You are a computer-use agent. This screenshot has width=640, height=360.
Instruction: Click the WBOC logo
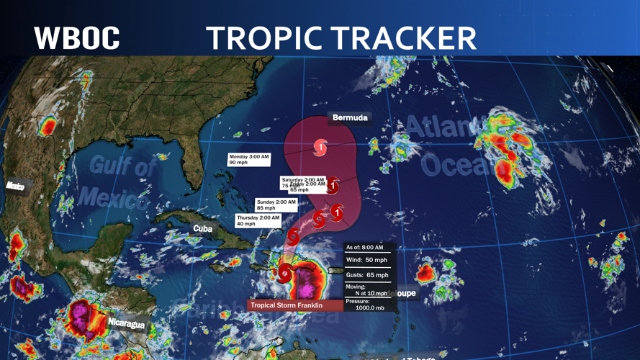(76, 37)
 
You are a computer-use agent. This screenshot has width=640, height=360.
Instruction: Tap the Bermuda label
(350, 118)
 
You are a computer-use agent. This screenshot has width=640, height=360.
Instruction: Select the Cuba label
(203, 228)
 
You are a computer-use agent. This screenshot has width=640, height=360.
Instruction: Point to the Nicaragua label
(126, 324)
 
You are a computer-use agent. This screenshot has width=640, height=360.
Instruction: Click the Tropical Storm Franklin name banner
(295, 305)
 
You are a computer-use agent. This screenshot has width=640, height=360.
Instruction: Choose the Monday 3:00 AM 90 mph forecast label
(248, 159)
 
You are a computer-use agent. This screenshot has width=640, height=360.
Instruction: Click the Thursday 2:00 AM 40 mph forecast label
(257, 220)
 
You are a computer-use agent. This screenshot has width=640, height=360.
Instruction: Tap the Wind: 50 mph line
(367, 260)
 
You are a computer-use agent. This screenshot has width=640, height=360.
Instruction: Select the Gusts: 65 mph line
(367, 275)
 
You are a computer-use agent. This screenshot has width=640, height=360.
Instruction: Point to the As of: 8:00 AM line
(365, 247)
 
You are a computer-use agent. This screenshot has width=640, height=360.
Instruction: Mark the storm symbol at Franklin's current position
(286, 273)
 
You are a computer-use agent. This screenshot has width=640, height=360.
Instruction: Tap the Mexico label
(15, 186)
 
